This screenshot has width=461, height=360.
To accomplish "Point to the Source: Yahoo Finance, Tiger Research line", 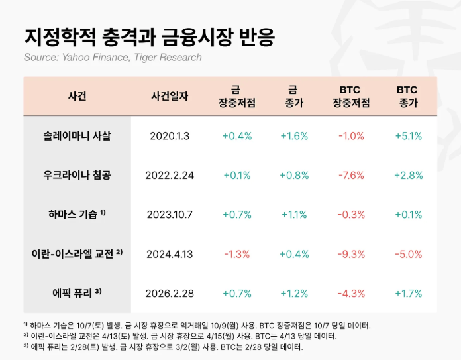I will pos(113,58).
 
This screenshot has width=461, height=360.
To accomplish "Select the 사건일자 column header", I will pos(170,96).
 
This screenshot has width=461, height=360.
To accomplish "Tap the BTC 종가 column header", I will pos(408,96).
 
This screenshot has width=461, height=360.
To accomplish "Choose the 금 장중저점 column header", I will pos(236,96).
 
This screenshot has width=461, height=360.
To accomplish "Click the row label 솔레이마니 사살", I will pos(77,136).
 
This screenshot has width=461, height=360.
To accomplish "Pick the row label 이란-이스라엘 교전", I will pos(77,253).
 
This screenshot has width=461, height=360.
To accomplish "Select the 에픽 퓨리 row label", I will pos(77,292).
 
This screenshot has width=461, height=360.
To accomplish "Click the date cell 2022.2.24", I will pos(170,175).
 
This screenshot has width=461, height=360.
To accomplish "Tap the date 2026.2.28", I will pos(170,292).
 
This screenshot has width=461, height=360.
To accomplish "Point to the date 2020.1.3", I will pos(170,136).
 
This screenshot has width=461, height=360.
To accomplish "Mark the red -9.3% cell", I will pos(351,253).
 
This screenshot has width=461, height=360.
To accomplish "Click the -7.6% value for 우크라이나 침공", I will pos(351,175).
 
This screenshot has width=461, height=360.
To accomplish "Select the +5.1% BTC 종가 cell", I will pos(408,136).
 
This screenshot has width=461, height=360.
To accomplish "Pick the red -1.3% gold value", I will pos(236,253).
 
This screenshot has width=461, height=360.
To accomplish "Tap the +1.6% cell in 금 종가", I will pos(293,136).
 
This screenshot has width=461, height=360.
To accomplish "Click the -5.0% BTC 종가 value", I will pos(408,253).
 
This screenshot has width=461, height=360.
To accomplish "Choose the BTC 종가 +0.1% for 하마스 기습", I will pos(408,214).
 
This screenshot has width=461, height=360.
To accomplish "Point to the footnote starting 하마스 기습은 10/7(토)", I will pos(199,325).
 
